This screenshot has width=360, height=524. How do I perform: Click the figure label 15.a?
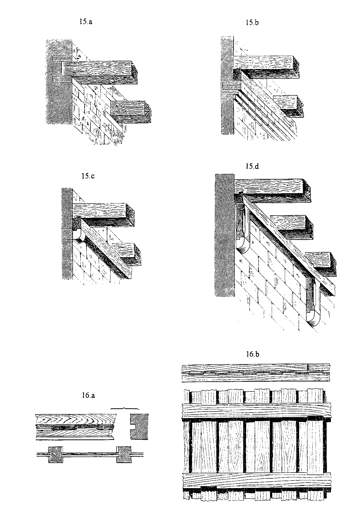pos(86,22)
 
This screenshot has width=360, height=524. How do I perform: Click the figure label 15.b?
pos(252,23)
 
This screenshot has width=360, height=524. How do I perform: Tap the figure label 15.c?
pos(88,176)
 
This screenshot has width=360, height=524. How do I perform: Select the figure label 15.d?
pos(252,166)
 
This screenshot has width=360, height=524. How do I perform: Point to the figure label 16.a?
pos(88,396)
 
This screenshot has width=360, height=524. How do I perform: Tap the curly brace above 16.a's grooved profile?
pos(125,409)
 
